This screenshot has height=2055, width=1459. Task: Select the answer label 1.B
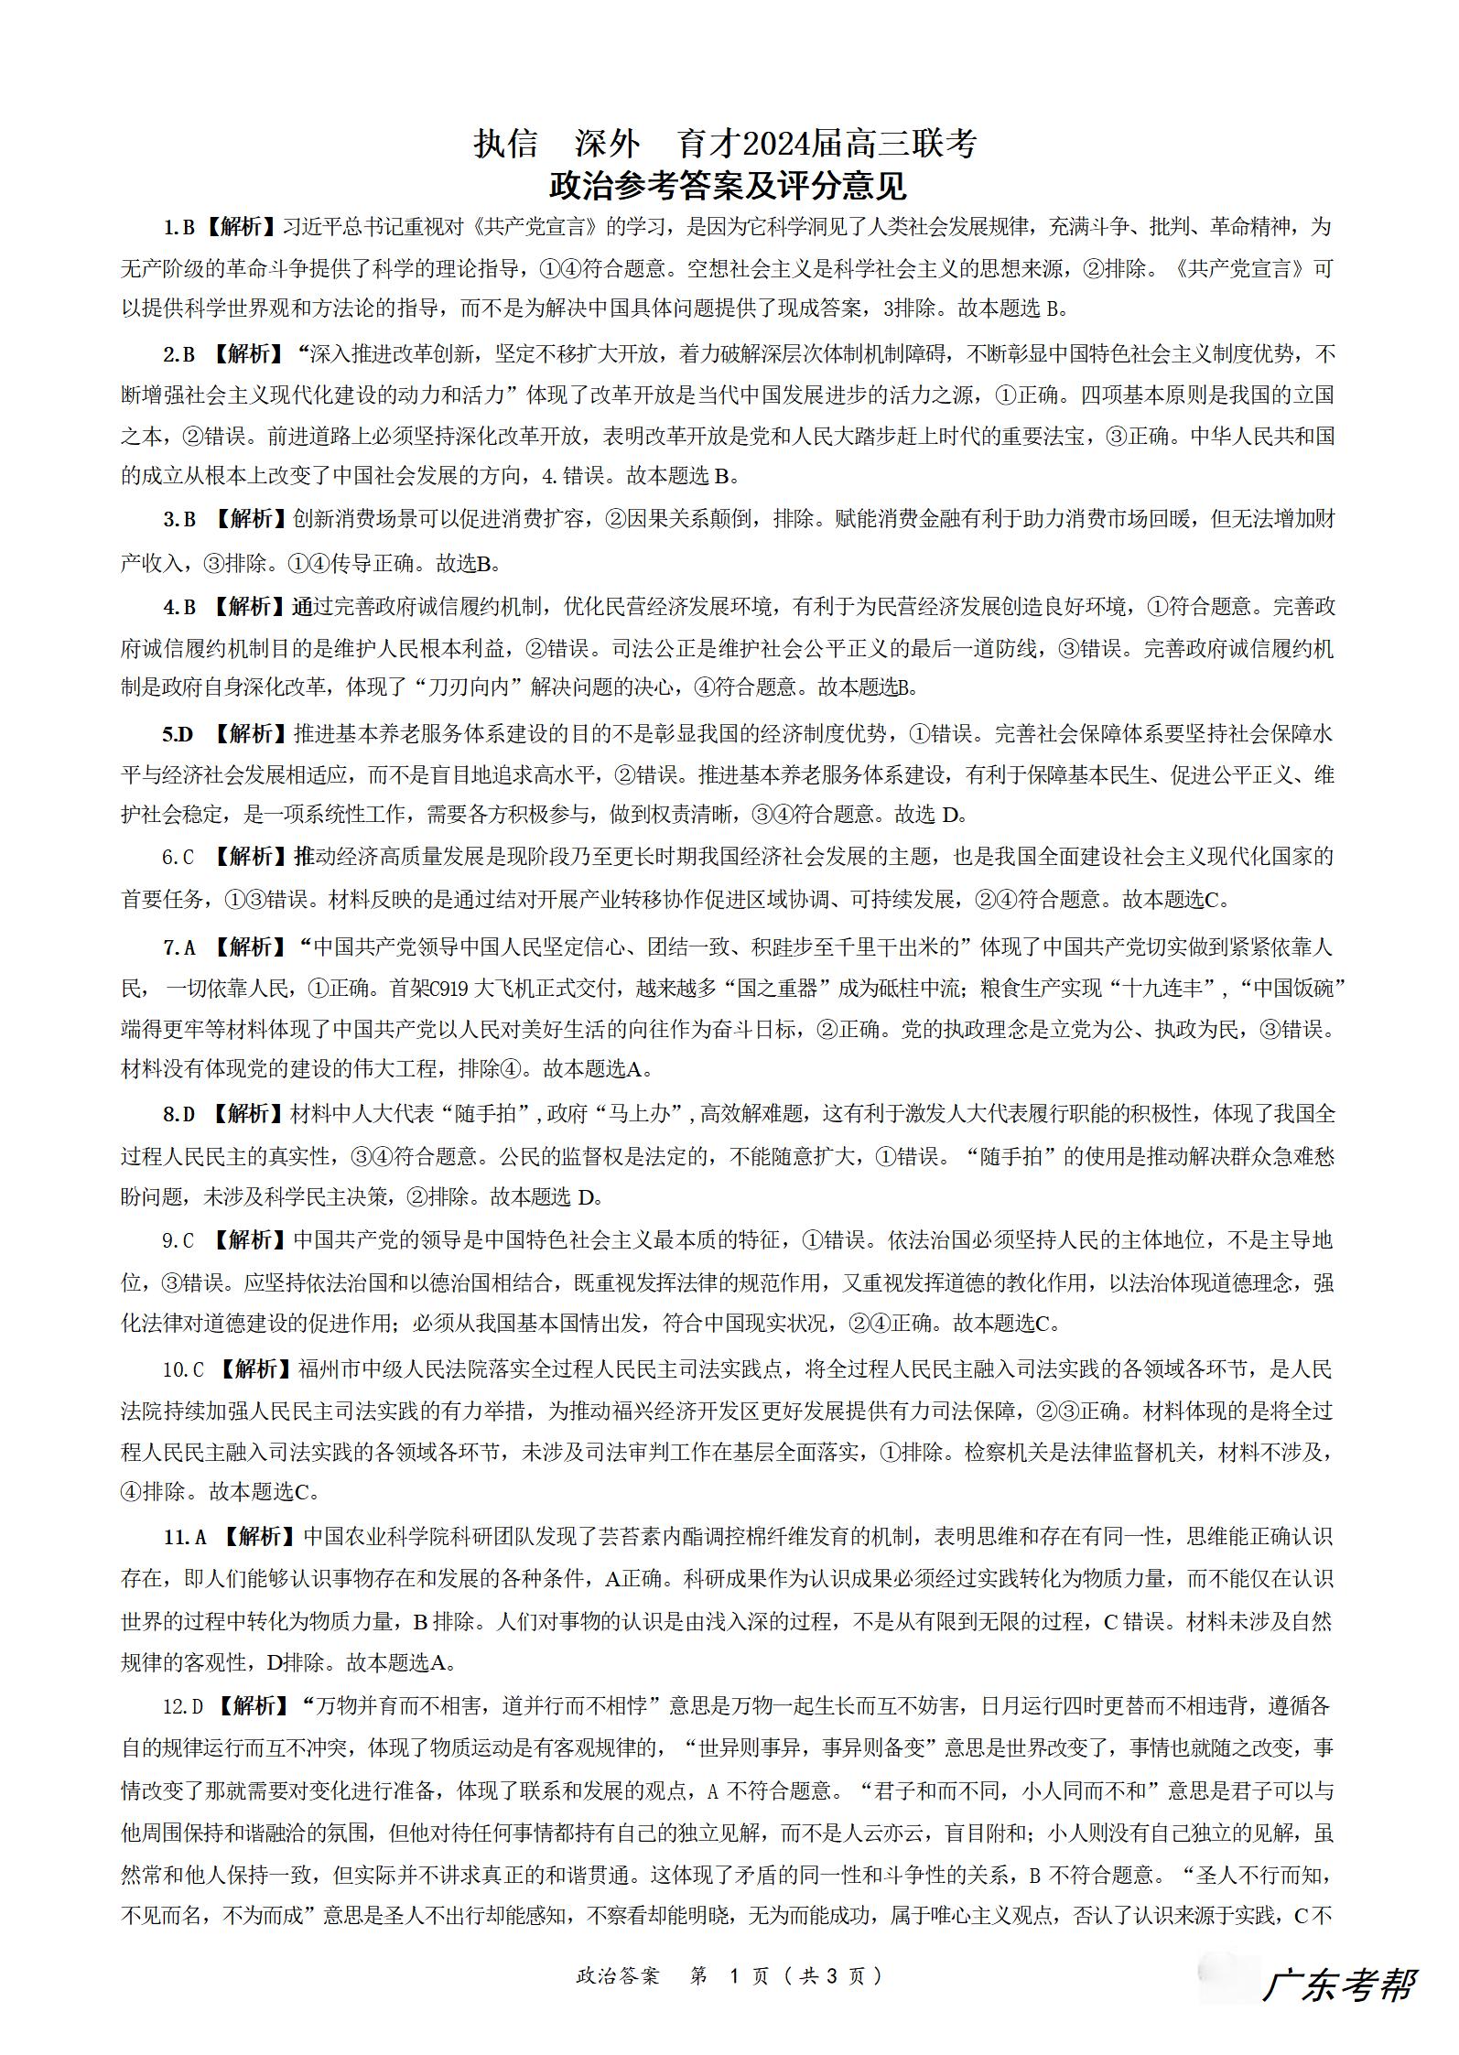click(178, 227)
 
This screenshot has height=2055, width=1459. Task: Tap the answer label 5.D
click(178, 734)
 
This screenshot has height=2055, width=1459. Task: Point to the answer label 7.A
click(179, 947)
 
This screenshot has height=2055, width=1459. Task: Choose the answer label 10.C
click(183, 1369)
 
